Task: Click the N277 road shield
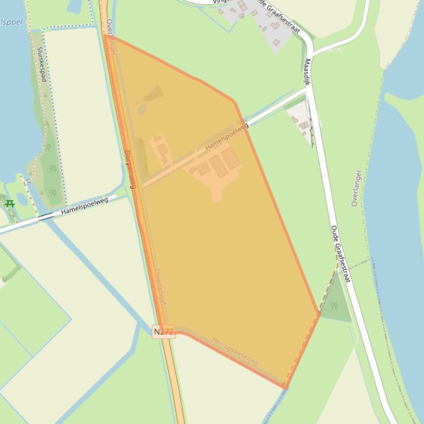(x=163, y=331)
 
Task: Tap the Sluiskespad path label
(x=42, y=64)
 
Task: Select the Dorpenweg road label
(x=130, y=169)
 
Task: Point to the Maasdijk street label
(x=307, y=72)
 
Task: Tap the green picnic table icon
(x=9, y=203)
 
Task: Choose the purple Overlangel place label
(x=357, y=188)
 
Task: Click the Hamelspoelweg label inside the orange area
(x=227, y=137)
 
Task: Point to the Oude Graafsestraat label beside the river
(x=340, y=253)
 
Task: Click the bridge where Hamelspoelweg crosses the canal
(x=46, y=216)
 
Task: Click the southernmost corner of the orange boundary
(x=286, y=388)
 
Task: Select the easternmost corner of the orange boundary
(x=320, y=313)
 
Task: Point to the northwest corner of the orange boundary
(x=104, y=35)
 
